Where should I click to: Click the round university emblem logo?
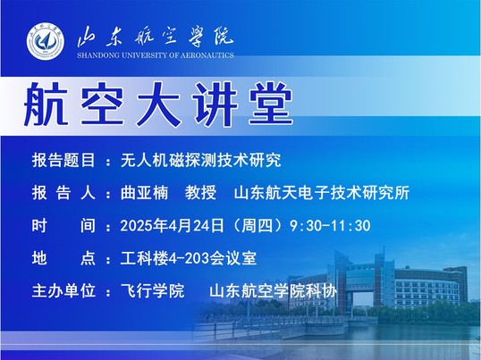click(x=46, y=41)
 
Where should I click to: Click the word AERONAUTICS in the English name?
click(x=207, y=55)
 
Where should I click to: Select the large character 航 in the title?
click(x=46, y=105)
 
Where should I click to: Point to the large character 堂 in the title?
click(x=271, y=105)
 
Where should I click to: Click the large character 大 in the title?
click(x=158, y=105)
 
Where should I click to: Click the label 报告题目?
click(x=63, y=160)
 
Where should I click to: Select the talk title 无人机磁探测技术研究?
click(x=200, y=160)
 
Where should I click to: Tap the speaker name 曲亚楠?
click(x=144, y=193)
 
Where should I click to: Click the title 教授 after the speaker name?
click(x=200, y=193)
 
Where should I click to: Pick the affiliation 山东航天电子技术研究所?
click(x=322, y=193)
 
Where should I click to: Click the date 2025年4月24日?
click(x=172, y=225)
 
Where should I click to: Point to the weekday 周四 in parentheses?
click(x=257, y=225)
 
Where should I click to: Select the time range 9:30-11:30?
click(x=330, y=226)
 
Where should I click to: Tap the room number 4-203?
click(x=189, y=258)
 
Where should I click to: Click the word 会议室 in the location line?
click(x=233, y=258)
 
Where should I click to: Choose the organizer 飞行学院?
click(x=153, y=290)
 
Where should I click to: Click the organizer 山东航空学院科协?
click(x=273, y=290)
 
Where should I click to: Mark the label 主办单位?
click(x=63, y=290)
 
